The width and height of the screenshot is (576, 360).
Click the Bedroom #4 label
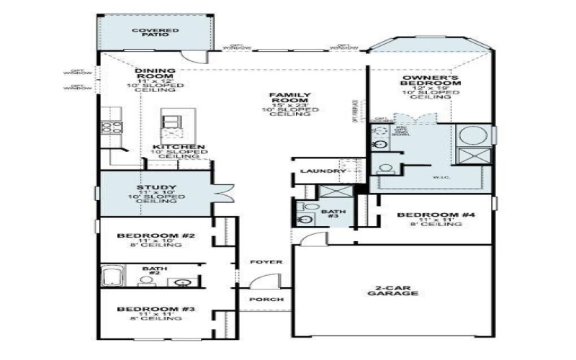(428, 215)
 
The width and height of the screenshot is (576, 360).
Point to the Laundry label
(319, 171)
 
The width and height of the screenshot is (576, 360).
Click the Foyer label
(266, 262)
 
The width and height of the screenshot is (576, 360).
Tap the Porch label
(266, 299)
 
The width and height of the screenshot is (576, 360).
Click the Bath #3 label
(332, 213)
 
